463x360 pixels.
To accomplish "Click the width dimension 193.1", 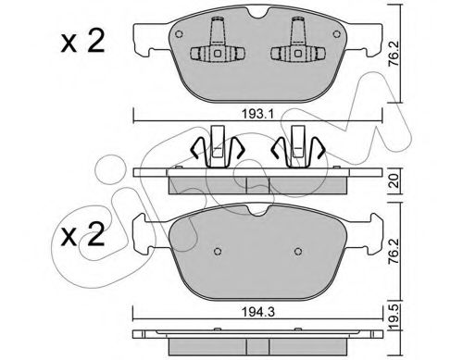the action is click(257, 115).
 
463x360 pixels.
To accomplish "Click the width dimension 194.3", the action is click(257, 313).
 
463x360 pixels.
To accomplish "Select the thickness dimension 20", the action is click(394, 181).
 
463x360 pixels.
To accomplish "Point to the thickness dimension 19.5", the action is click(394, 317).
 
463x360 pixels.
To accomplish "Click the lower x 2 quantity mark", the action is click(82, 234).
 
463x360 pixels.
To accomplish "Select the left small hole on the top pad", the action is click(179, 34).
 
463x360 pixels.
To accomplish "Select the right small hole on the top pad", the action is click(336, 34).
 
